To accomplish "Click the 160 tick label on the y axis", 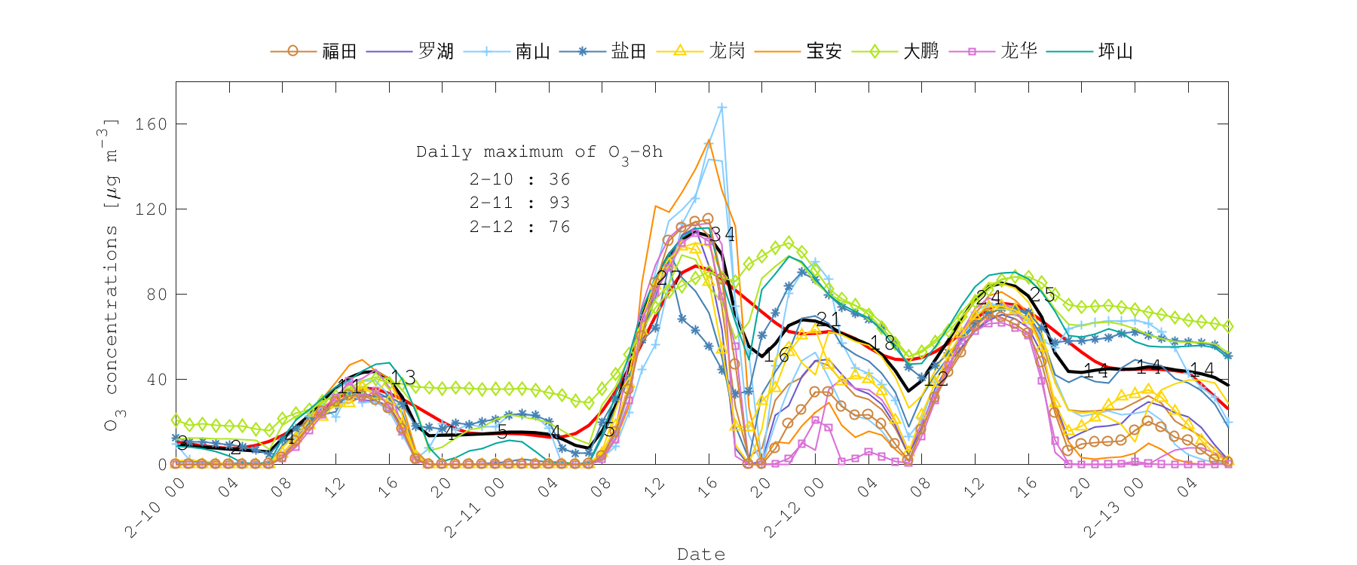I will [151, 124].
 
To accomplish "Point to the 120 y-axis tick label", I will [151, 209].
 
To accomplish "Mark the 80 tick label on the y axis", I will [156, 295].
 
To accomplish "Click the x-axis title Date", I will [701, 554].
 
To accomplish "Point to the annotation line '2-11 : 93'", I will [519, 203].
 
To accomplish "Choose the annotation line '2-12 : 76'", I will [519, 227].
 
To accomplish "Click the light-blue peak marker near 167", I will [722, 108].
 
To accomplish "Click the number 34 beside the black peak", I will [722, 234].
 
